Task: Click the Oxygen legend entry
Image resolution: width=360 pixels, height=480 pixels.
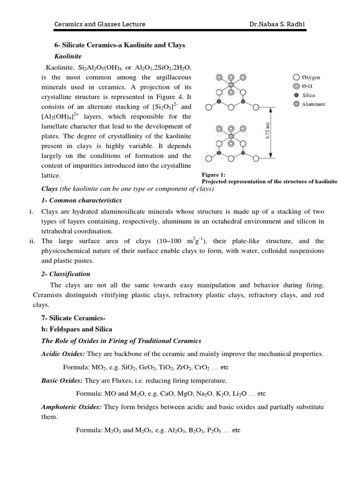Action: [x=311, y=77]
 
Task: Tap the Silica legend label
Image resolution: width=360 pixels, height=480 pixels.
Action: [x=309, y=95]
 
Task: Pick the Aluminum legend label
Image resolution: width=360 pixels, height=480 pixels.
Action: [x=314, y=104]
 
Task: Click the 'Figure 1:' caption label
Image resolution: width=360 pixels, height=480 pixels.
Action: [x=214, y=174]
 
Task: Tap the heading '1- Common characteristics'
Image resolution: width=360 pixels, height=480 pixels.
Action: [x=82, y=200]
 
